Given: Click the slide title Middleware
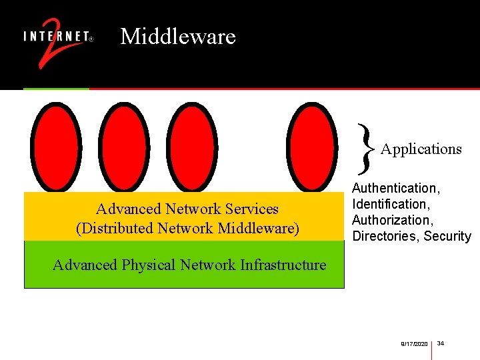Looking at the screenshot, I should [x=178, y=36].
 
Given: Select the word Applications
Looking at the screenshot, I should [x=421, y=149].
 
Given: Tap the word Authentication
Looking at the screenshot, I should [x=395, y=189].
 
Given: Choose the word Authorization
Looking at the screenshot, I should [x=391, y=220].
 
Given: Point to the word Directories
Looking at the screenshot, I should [x=383, y=236].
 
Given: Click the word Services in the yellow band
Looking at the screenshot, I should [x=252, y=209].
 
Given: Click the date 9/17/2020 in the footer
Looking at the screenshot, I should [x=414, y=343].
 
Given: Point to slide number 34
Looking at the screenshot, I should [x=441, y=343].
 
